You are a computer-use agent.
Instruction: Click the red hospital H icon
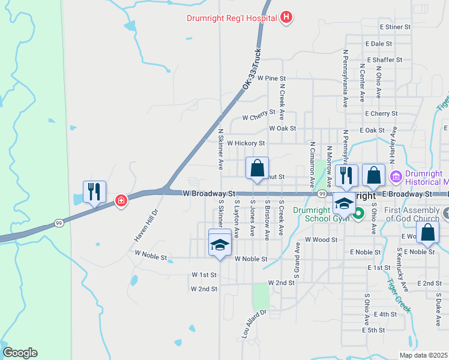coord(286,17)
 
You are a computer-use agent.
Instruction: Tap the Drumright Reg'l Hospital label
coord(231,17)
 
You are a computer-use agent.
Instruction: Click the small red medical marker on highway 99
coord(121,200)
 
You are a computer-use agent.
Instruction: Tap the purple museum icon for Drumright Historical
coord(396,177)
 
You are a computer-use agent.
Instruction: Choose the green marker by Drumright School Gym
coord(358,213)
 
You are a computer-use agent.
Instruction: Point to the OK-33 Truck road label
coord(253,70)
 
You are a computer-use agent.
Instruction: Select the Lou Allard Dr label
coord(253,325)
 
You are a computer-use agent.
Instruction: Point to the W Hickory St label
coord(246,143)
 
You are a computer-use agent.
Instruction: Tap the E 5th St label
coord(373,330)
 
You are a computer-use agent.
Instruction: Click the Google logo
coord(20,353)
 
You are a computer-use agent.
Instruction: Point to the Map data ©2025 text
coord(423,355)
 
